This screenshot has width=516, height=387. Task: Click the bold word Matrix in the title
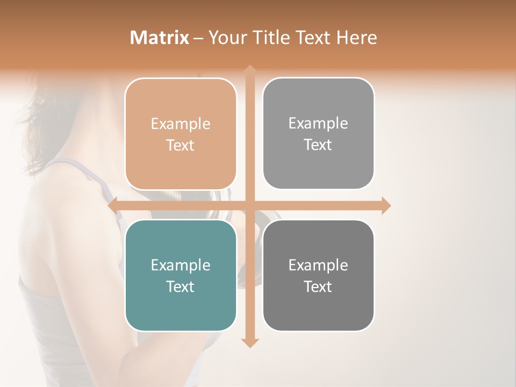click(x=160, y=38)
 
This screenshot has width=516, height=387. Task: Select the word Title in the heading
click(x=272, y=38)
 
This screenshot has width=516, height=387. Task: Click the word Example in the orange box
click(x=181, y=124)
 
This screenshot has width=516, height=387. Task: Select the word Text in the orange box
click(x=181, y=146)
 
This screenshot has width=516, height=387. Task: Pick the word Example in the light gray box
click(x=318, y=124)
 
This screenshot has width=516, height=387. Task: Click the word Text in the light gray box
click(x=318, y=145)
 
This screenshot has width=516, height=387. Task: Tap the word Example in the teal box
click(x=181, y=266)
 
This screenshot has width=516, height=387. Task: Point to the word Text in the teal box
click(x=181, y=287)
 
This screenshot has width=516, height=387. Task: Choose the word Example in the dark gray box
click(x=318, y=266)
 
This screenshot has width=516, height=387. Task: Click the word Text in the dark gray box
click(x=318, y=287)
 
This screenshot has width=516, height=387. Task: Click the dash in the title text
click(x=199, y=38)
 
